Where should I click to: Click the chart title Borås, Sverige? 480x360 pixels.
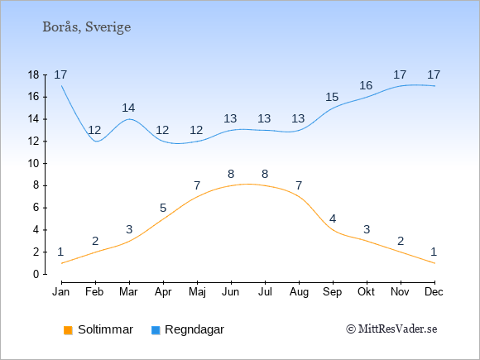tap(87, 27)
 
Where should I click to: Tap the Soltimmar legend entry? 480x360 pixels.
tap(98, 329)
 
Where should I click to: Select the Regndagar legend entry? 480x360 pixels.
tap(188, 329)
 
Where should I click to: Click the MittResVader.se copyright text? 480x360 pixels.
tap(391, 329)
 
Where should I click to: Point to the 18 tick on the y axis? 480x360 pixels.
tap(33, 74)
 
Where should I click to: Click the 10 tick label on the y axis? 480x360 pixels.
tap(33, 164)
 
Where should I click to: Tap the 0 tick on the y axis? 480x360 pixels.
tap(36, 274)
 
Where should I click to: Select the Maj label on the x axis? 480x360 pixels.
tap(197, 292)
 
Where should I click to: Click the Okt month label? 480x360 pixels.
tap(366, 292)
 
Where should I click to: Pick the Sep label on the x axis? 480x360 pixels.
tap(333, 292)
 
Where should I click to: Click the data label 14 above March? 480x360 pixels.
tap(128, 108)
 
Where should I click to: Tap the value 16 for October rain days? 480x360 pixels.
tap(366, 85)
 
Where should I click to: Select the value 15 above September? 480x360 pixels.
tap(332, 97)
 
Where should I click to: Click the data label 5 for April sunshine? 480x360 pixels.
tap(163, 209)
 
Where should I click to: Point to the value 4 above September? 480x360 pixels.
tap(333, 218)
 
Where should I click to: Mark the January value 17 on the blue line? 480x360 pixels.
tap(60, 74)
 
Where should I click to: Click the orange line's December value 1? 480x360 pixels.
tap(434, 252)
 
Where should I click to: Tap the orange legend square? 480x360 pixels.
tap(68, 330)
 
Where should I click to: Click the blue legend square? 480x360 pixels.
tap(156, 330)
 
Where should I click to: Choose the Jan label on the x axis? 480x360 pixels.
tap(61, 292)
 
